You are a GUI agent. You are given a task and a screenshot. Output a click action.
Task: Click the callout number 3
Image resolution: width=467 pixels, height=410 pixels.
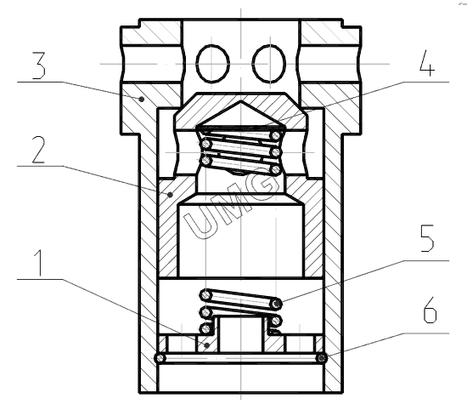tap(39, 66)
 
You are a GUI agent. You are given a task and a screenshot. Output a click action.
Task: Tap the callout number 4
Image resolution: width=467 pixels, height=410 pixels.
tap(427, 63)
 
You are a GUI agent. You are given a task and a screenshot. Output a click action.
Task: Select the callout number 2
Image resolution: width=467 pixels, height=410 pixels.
tap(39, 150)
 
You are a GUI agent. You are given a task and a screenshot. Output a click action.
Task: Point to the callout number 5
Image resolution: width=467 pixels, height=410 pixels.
tap(427, 238)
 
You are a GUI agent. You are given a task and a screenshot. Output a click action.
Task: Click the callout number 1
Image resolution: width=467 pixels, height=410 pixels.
tap(39, 263)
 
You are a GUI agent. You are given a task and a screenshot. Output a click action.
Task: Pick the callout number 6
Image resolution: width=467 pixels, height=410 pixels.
tap(430, 310)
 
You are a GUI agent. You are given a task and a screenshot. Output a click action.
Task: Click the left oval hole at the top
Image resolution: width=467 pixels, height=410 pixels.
tap(212, 64)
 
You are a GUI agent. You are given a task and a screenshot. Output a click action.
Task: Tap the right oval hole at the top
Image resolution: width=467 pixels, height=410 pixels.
tap(269, 64)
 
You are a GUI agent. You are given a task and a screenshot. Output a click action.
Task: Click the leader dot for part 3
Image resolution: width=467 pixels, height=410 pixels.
tap(142, 99)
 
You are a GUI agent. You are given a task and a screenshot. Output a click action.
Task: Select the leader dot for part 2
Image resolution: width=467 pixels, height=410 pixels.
tap(170, 195)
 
